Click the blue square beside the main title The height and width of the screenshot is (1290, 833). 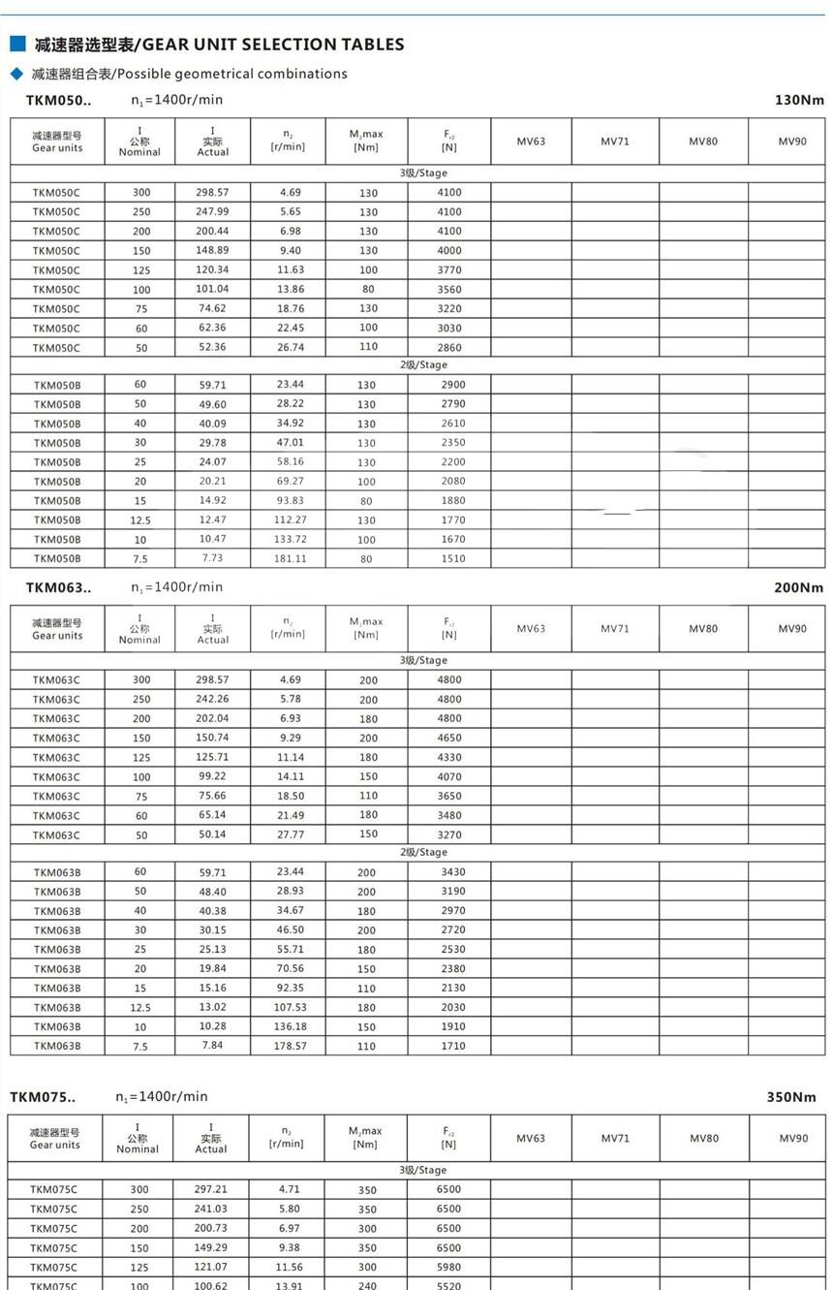coord(16,44)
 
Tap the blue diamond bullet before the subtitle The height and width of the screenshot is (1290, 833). coord(15,74)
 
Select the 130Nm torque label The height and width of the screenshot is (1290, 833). coord(799,100)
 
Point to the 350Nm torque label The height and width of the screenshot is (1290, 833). coord(791,1097)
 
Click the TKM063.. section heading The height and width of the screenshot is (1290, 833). coord(58,587)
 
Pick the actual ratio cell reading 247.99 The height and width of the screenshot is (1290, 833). coord(213,211)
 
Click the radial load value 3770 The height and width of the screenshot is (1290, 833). coord(449,269)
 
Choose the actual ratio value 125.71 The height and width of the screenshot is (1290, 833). coord(213,757)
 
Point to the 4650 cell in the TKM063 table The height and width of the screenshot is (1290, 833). coord(449,738)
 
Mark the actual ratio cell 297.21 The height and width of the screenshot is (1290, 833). coord(211,1189)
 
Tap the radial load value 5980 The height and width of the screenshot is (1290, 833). coord(449,1267)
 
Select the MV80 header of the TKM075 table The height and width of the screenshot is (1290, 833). coord(704,1138)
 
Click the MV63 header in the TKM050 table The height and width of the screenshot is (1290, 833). coord(531,142)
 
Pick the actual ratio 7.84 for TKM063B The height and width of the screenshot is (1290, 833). coord(213,1046)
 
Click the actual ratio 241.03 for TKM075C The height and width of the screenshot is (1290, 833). coord(211,1209)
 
